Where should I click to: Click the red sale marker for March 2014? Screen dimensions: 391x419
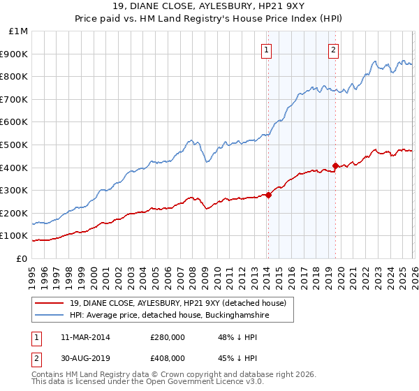(268, 195)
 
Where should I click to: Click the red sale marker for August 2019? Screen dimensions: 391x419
(335, 165)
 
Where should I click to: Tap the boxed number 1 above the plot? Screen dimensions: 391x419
(267, 50)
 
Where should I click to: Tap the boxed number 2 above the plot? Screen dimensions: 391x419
(334, 50)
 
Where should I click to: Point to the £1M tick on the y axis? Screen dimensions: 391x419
(19, 31)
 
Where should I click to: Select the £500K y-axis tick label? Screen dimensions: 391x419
(15, 145)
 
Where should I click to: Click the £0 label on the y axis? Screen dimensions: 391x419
(22, 258)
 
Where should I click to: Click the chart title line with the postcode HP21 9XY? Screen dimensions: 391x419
(209, 8)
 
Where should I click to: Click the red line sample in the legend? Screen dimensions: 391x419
(49, 303)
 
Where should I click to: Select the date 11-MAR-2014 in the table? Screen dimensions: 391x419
(85, 337)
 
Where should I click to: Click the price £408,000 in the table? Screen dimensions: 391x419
(168, 358)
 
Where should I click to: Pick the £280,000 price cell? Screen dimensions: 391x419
(168, 337)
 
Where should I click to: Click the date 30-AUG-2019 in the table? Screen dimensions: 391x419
(85, 358)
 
